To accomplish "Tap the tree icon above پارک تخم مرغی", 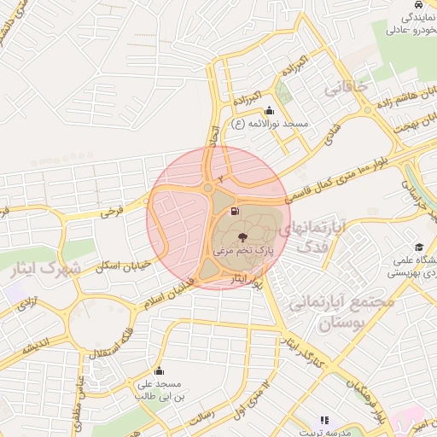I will point(243,237).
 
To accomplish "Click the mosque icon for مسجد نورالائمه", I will point(270,110).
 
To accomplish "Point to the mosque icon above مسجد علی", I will point(158,370).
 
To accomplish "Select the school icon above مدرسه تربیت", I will point(324,420).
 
